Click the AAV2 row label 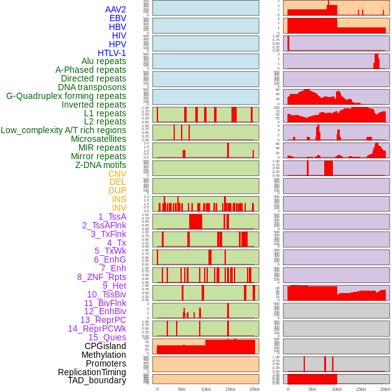point(116,9)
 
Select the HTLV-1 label point(112,53)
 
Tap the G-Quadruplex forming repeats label point(66,96)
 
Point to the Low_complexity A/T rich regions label point(63,130)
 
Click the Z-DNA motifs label point(101,165)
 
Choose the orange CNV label point(117,174)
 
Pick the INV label point(119,208)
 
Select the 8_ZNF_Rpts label point(101,277)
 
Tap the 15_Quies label point(107,337)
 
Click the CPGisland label point(105,346)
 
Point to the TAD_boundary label point(97,380)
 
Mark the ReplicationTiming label point(92,372)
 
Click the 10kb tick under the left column point(205,389)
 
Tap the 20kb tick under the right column point(385,389)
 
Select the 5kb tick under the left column point(182,389)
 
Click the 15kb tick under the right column point(360,389)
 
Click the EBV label point(118,18)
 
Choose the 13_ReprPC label point(103,320)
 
